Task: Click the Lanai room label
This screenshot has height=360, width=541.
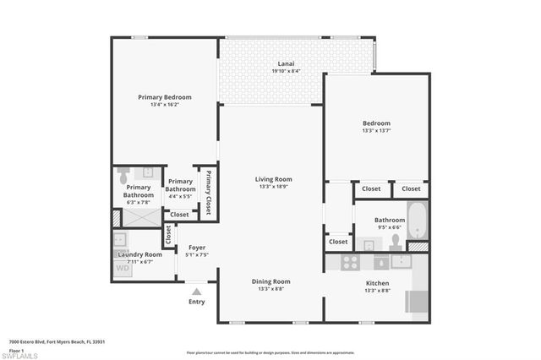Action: pos(286,64)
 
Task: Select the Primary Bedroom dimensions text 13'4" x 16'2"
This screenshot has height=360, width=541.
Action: pos(165,105)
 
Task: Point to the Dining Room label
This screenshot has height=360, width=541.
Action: pos(270,281)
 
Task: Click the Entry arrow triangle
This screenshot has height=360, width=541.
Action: pos(196,292)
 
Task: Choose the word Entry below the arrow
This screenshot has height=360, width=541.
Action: pos(196,302)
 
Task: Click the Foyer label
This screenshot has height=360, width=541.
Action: pos(196,248)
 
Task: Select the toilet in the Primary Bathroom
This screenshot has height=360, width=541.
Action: pos(123,176)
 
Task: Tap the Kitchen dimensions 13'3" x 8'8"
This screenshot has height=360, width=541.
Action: pos(376,290)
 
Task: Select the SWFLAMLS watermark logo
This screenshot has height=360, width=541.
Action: pos(20,355)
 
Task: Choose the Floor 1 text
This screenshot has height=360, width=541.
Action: pos(18,348)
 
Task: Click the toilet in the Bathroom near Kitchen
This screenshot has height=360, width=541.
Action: pos(395,240)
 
